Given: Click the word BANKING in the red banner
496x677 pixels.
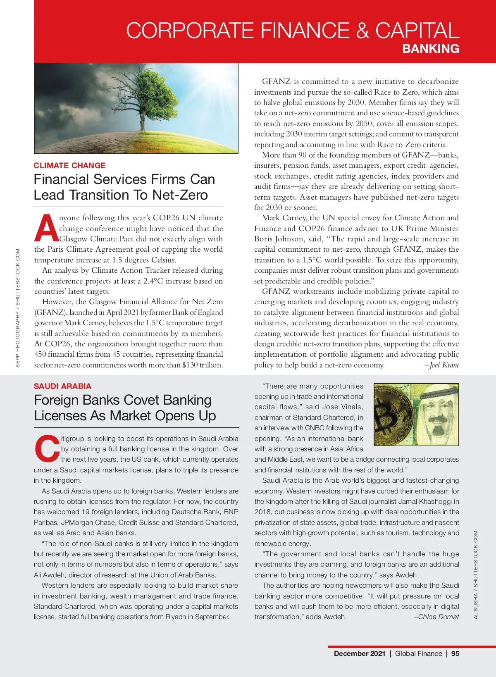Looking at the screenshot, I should click(431, 49).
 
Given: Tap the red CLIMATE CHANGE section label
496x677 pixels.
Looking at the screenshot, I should click(69, 165).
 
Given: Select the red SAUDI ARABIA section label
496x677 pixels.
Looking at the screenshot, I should click(62, 386).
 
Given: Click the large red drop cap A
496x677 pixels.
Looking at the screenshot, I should click(46, 229).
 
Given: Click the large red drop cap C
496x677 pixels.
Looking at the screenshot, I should click(47, 449).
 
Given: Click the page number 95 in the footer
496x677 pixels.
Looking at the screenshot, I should click(455, 653).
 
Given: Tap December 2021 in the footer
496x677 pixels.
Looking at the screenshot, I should click(359, 653).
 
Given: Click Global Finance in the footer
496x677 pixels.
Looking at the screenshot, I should click(418, 653).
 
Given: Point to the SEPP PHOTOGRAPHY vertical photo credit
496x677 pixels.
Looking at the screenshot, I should click(18, 308).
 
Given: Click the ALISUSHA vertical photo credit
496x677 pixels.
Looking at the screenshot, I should click(475, 574).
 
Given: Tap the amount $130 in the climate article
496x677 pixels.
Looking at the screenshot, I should click(190, 365).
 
